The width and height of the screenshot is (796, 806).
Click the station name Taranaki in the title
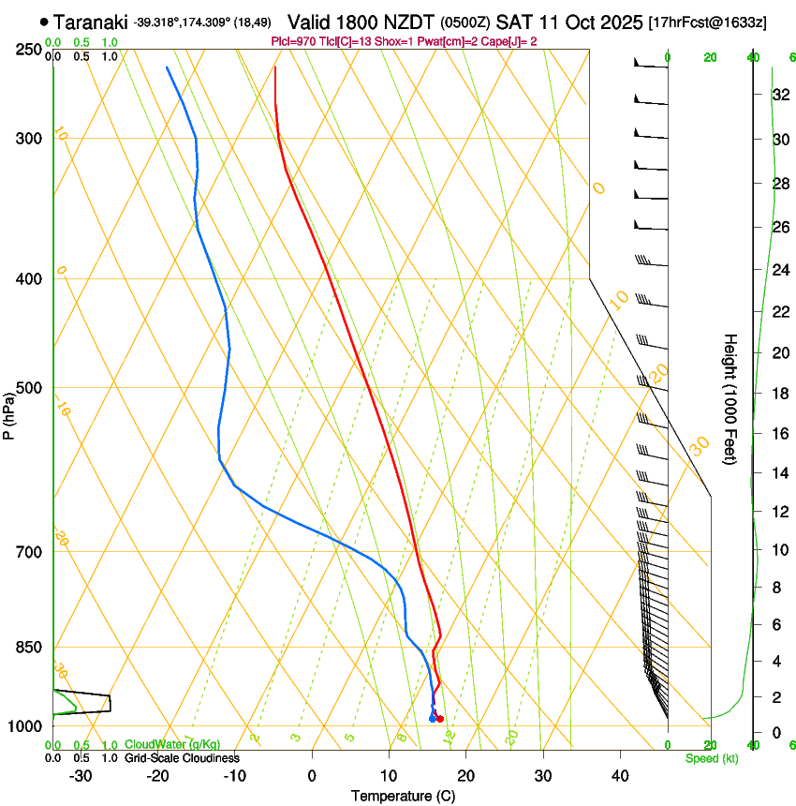click(90, 21)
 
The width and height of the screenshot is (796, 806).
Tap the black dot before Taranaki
click(44, 21)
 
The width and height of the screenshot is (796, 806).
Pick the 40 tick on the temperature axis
click(620, 775)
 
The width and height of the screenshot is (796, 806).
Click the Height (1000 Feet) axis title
click(730, 398)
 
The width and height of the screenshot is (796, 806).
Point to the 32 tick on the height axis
click(779, 95)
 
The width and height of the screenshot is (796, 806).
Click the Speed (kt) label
click(712, 757)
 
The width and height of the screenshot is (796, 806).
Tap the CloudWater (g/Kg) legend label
click(172, 744)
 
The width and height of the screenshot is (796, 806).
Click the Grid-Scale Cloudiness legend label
click(182, 757)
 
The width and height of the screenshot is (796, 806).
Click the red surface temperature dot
click(440, 719)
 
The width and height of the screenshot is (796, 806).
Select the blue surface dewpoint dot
click(432, 719)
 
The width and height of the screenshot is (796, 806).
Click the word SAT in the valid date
click(513, 21)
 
